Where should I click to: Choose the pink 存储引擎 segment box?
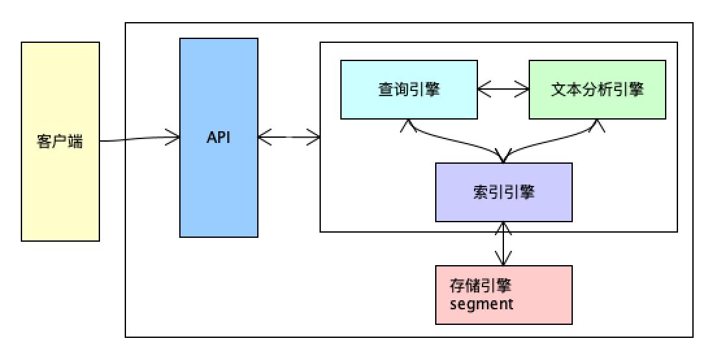pos(503,312)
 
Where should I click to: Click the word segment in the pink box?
pos(481,303)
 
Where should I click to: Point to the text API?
pos(218,138)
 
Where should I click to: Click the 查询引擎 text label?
pos(409,90)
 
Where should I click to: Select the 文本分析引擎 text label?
pos(597,90)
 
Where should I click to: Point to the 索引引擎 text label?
pos(503,192)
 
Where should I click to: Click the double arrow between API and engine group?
pos(289,137)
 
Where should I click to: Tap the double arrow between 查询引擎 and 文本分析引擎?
pos(503,90)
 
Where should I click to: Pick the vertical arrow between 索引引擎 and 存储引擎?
pos(503,244)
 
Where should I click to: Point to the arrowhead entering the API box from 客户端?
pos(174,136)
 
